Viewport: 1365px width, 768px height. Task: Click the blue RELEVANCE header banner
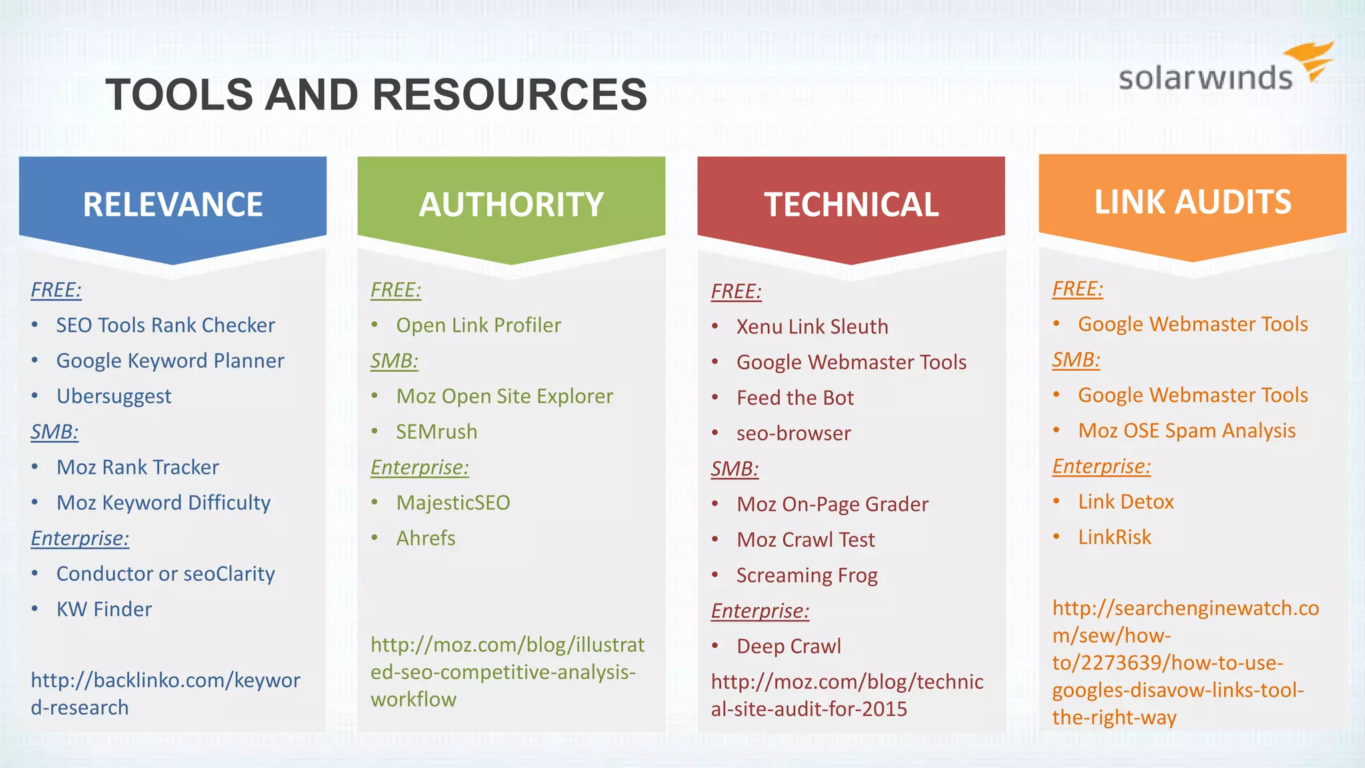pyautogui.click(x=173, y=204)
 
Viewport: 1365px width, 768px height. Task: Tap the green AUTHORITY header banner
pyautogui.click(x=511, y=204)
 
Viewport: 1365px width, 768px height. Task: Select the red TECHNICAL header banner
pyautogui.click(x=851, y=204)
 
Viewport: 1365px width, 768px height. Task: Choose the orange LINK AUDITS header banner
pyautogui.click(x=1192, y=202)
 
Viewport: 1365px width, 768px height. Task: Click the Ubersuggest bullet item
pyautogui.click(x=114, y=396)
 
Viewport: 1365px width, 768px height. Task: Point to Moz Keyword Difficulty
pyautogui.click(x=163, y=503)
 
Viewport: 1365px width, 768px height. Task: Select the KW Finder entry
pyautogui.click(x=104, y=609)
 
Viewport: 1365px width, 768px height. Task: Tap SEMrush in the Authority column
pyautogui.click(x=437, y=432)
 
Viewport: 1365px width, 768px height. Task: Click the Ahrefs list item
pyautogui.click(x=426, y=538)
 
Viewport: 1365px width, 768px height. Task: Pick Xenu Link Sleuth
pyautogui.click(x=812, y=327)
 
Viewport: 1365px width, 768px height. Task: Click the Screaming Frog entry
pyautogui.click(x=806, y=575)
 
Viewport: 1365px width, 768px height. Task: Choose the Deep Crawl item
pyautogui.click(x=788, y=646)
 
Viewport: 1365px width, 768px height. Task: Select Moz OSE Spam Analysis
pyautogui.click(x=1186, y=431)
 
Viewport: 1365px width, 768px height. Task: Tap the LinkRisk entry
pyautogui.click(x=1114, y=537)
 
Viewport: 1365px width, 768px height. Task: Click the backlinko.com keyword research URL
pyautogui.click(x=165, y=693)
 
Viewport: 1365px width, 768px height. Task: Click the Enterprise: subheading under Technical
pyautogui.click(x=760, y=611)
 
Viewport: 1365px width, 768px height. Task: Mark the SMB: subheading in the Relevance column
pyautogui.click(x=55, y=432)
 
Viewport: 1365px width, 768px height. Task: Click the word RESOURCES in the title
pyautogui.click(x=509, y=94)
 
